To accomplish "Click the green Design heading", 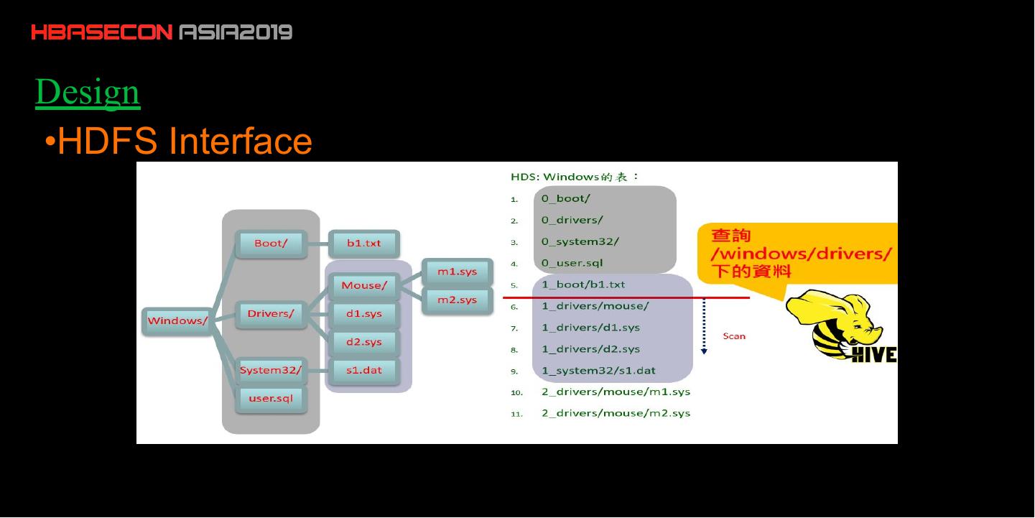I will (x=88, y=93).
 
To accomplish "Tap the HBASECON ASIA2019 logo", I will (x=162, y=32).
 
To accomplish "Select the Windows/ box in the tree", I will (x=177, y=320).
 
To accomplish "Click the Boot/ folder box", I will (x=271, y=244).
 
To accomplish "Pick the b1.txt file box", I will (x=363, y=244).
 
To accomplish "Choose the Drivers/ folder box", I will (x=271, y=314).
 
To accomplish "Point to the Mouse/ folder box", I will (x=363, y=286).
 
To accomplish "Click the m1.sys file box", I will (x=457, y=272).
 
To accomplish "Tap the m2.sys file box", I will (x=457, y=300).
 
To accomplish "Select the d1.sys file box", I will (x=363, y=314).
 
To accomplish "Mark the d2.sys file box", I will (x=363, y=342).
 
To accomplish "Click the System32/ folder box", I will (x=271, y=371).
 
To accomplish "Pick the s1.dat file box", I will (x=363, y=371).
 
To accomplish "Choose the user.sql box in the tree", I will (x=271, y=398).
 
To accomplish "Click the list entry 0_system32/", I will (x=580, y=241).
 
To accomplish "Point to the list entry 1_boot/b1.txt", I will (x=583, y=285).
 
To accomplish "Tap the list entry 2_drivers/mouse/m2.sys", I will (x=616, y=413).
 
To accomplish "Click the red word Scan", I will (x=734, y=336).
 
